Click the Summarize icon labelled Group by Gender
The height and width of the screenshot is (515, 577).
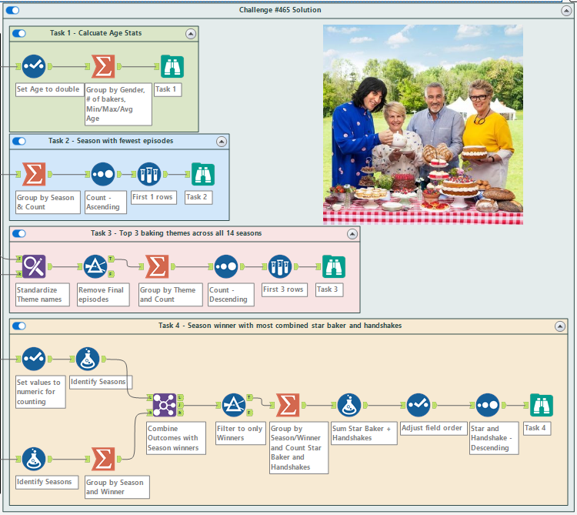point(103,67)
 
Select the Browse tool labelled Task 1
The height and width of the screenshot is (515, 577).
point(172,67)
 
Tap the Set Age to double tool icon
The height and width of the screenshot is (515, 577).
point(34,67)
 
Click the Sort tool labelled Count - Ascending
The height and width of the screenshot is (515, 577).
point(103,175)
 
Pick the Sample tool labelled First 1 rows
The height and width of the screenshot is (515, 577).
point(149,175)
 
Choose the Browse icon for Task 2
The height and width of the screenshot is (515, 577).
point(202,175)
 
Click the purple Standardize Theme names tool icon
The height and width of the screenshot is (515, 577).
point(34,267)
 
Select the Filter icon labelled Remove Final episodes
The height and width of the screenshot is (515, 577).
point(95,267)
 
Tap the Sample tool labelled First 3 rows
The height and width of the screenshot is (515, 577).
point(280,267)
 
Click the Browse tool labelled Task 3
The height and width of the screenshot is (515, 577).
point(333,267)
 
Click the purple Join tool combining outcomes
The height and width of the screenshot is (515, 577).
point(165,405)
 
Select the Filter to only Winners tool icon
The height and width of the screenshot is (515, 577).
point(233,405)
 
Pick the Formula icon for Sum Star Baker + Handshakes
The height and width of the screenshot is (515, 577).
point(349,405)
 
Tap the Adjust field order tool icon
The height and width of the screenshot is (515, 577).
point(419,405)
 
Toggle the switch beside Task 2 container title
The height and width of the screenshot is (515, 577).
point(19,141)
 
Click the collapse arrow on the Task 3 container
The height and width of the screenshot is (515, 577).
point(352,233)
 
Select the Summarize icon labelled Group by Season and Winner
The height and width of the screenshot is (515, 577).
point(103,459)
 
